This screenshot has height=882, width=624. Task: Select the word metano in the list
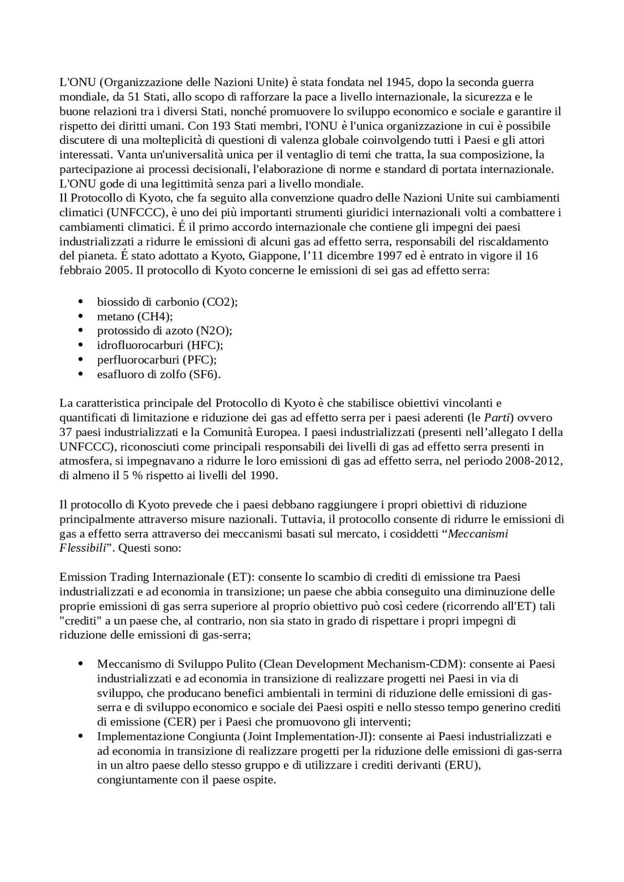point(116,317)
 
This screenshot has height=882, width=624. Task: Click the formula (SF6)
point(205,374)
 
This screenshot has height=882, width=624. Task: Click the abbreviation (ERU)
point(462,765)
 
